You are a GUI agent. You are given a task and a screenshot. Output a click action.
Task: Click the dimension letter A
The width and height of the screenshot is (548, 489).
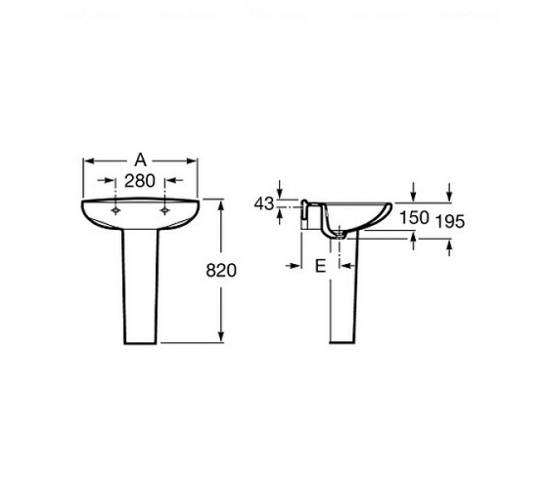(140, 160)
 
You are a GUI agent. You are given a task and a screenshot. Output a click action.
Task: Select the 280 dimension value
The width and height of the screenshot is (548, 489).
(140, 181)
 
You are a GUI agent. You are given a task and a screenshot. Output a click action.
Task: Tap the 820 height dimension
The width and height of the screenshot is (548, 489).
(221, 270)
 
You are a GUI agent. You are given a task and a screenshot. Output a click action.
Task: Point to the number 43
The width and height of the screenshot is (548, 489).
(264, 203)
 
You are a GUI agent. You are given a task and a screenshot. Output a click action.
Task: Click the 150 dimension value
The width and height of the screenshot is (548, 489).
(414, 217)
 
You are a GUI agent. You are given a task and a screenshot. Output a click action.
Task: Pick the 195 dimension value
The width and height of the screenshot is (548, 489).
(450, 221)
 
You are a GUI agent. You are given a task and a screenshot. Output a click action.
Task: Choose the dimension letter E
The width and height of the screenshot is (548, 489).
(321, 266)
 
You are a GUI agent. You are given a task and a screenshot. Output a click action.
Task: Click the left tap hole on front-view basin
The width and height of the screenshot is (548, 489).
(115, 210)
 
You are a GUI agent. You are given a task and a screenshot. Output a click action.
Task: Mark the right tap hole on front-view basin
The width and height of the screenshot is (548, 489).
(164, 210)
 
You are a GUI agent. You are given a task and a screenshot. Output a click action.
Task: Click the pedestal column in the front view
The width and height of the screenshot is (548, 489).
(140, 287)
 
